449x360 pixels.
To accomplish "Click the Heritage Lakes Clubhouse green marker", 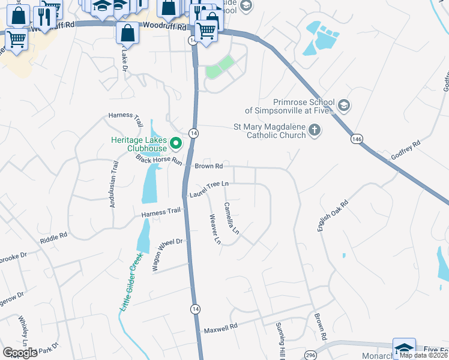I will pyautogui.click(x=176, y=143).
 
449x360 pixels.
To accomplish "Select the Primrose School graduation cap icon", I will pyautogui.click(x=343, y=106).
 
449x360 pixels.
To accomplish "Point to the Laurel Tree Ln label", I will pyautogui.click(x=209, y=189).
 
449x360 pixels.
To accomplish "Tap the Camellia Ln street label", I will pyautogui.click(x=232, y=218).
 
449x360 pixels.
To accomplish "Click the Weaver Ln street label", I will pyautogui.click(x=214, y=229).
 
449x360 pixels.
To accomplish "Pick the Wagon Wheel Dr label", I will pyautogui.click(x=167, y=254).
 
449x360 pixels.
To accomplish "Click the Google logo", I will pyautogui.click(x=20, y=353).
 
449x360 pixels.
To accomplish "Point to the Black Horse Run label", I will pyautogui.click(x=158, y=160).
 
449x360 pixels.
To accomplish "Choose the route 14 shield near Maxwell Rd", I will pyautogui.click(x=195, y=308).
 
